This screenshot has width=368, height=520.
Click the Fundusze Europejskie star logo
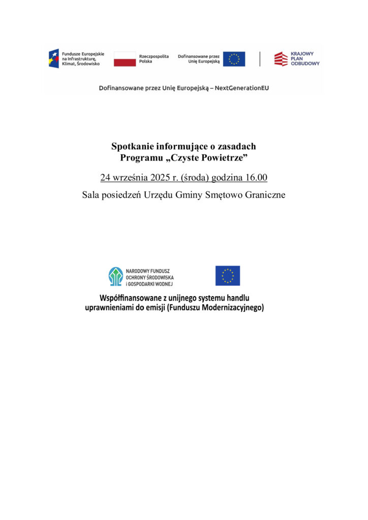[53, 58]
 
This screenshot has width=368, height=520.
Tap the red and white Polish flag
[125, 59]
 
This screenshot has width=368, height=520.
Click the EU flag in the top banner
[234, 59]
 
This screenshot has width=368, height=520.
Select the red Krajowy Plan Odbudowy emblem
[281, 59]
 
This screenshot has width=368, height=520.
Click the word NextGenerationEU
[242, 88]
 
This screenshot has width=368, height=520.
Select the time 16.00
[256, 178]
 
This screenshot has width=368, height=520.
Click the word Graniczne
[264, 194]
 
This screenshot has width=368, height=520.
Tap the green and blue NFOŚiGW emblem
[116, 276]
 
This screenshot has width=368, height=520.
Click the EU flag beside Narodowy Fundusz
[227, 276]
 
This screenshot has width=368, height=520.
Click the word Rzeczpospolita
[154, 56]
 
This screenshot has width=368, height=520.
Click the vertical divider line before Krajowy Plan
[260, 59]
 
